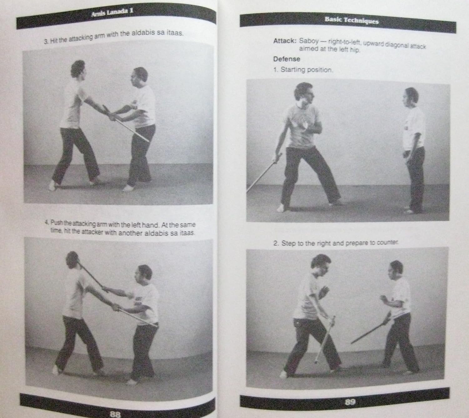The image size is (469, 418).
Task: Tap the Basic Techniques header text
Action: [351, 21]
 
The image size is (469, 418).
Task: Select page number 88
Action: [115, 413]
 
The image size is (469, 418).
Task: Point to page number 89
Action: [350, 401]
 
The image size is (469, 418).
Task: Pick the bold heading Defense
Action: [286, 59]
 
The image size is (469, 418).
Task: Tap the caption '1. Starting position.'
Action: [303, 69]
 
